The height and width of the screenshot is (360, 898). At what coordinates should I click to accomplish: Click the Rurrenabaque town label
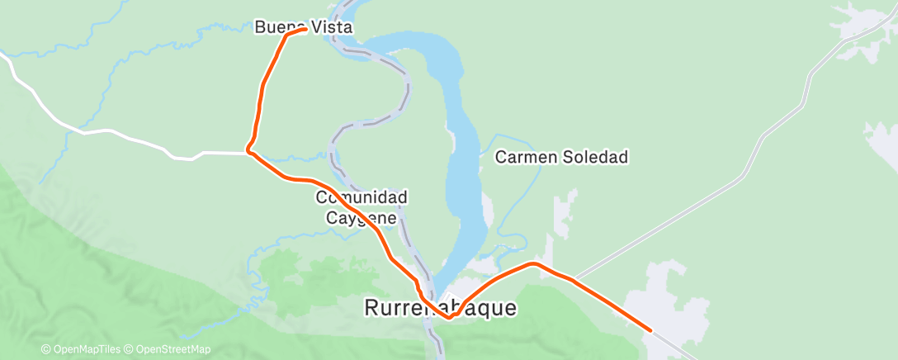[441, 308]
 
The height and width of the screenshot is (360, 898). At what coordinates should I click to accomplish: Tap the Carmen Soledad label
[561, 157]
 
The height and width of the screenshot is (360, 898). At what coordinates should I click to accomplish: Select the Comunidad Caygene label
[362, 208]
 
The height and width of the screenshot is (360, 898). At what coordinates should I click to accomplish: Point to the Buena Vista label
[303, 27]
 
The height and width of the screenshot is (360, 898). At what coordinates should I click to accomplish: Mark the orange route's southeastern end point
[651, 330]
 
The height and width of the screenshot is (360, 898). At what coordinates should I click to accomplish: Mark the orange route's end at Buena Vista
[306, 30]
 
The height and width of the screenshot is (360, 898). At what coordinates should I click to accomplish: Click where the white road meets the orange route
[248, 152]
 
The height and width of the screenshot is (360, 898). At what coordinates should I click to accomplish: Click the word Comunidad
[362, 198]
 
